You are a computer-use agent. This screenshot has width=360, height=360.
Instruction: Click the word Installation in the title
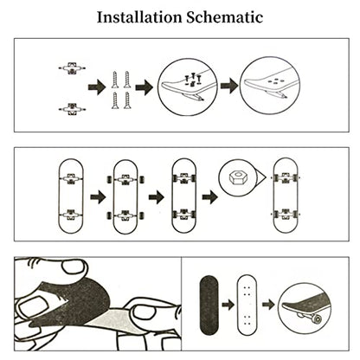(139, 17)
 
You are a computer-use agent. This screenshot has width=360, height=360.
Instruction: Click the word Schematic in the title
(225, 17)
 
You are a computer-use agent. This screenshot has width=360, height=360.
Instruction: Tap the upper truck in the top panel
(72, 68)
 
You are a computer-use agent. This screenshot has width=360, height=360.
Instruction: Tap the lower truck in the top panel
(72, 109)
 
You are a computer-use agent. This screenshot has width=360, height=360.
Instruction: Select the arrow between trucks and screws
(97, 87)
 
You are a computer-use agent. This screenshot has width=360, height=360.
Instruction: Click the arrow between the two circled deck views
(229, 86)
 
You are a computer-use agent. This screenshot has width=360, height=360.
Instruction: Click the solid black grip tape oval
(209, 305)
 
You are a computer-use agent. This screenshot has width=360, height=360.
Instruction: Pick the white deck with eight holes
(247, 305)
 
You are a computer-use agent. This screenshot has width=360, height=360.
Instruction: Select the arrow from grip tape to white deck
(228, 305)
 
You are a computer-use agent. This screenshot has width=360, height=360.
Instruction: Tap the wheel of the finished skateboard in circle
(318, 319)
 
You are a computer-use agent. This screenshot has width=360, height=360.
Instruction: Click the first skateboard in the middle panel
(71, 196)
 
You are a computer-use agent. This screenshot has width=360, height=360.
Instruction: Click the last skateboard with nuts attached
(286, 196)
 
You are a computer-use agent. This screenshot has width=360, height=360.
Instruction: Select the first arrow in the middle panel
(98, 197)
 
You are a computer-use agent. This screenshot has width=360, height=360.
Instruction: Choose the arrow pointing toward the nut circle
(209, 197)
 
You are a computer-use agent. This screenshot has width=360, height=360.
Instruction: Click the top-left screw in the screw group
(115, 80)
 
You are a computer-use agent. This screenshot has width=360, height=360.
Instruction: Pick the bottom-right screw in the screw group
(127, 100)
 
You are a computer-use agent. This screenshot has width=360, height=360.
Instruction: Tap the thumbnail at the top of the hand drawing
(74, 267)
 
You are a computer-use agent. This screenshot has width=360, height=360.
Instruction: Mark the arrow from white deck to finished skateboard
(268, 305)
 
